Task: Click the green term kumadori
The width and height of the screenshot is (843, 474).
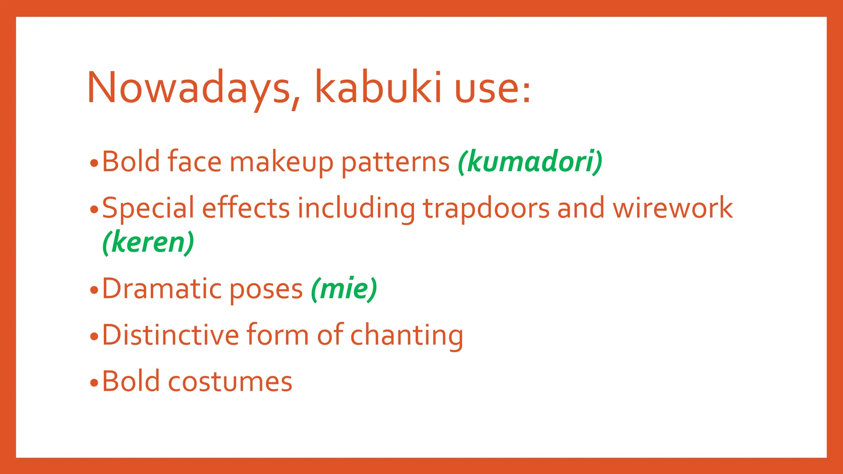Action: click(530, 161)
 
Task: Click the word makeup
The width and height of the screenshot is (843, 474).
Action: click(281, 162)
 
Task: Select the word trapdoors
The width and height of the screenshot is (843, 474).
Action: click(486, 208)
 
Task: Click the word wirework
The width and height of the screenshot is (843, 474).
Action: click(673, 207)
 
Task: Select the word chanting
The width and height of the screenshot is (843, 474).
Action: click(407, 336)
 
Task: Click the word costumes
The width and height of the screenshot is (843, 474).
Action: click(230, 381)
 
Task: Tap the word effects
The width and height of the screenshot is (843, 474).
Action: click(246, 207)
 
